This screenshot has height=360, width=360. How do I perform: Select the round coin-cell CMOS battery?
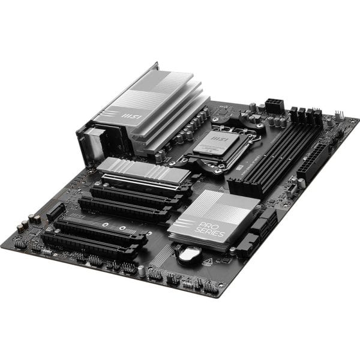point(186,254)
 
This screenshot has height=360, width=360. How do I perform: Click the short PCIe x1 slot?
point(56,209)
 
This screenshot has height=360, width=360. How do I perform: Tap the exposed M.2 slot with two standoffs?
point(120,226)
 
